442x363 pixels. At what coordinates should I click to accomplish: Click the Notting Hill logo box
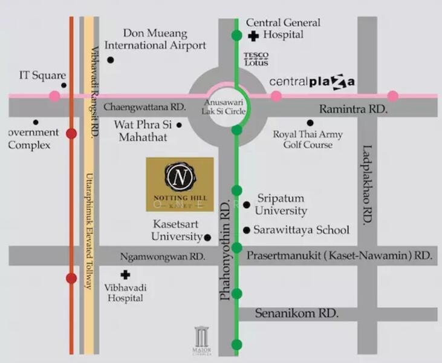(x=180, y=184)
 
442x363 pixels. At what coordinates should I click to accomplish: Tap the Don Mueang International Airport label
(x=155, y=39)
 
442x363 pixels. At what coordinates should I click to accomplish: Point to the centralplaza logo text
(x=312, y=81)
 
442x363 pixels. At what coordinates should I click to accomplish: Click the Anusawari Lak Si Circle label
(x=224, y=108)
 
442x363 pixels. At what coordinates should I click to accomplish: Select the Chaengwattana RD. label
(x=145, y=106)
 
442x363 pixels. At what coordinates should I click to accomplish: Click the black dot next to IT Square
(x=63, y=85)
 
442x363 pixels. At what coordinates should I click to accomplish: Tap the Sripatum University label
(x=281, y=204)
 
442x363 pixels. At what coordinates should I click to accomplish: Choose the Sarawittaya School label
(x=301, y=230)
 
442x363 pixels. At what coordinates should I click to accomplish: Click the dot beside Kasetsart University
(x=207, y=237)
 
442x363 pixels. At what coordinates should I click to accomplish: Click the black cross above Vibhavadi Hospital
(x=125, y=275)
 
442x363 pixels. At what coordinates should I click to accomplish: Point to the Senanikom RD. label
(x=288, y=314)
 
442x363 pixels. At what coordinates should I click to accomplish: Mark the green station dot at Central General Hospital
(x=236, y=35)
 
